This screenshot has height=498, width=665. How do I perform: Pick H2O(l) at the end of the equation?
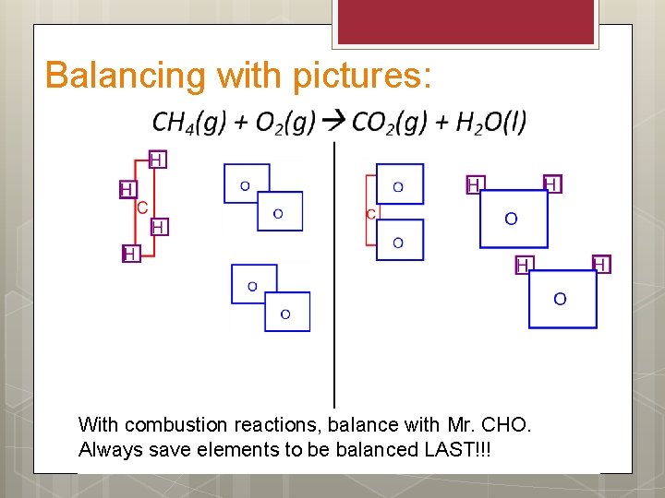tap(491, 122)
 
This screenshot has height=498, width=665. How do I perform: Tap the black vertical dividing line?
tap(333, 277)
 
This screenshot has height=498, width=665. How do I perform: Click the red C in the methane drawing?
tap(142, 208)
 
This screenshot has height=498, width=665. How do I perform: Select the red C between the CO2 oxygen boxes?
tap(370, 215)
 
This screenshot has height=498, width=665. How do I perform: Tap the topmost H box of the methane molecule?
tap(157, 160)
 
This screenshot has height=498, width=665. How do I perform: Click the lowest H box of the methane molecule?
tap(131, 253)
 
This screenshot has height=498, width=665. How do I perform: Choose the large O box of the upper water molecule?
tap(513, 219)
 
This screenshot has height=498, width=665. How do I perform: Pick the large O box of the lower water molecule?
tap(562, 299)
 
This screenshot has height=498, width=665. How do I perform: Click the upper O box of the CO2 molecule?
tap(399, 184)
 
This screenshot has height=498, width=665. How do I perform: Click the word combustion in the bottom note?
tap(175, 425)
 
